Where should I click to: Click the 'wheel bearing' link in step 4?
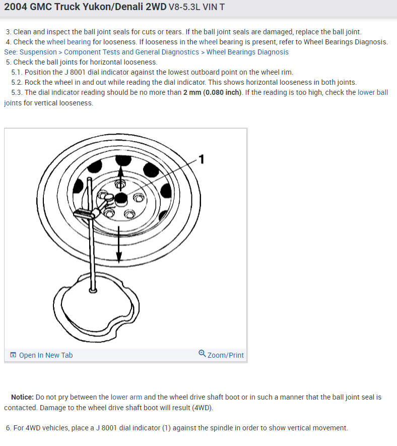69,42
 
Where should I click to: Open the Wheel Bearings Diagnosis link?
247,52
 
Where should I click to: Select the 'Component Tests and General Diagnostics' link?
131,52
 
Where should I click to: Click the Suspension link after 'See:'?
38,52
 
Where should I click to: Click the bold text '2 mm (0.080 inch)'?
213,92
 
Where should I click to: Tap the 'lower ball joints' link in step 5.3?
372,92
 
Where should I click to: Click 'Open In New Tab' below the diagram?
45,355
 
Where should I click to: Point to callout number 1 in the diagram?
202,159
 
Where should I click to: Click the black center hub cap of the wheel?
120,198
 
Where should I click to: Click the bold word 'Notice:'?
22,398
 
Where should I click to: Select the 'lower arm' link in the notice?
126,398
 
